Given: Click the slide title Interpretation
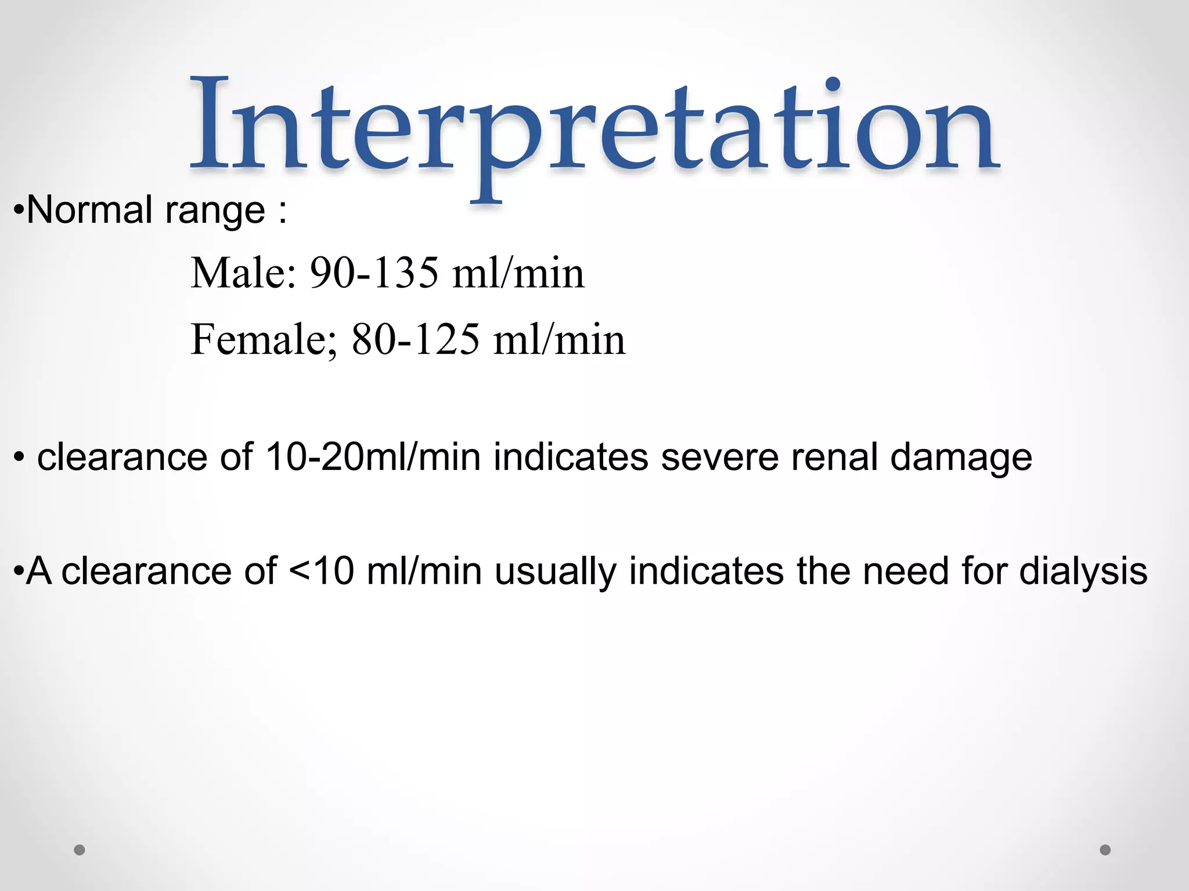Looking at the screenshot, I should [x=594, y=128].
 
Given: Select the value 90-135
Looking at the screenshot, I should [x=374, y=273].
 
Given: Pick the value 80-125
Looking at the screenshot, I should [x=416, y=339].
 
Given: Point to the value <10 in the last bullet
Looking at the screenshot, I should [x=321, y=571].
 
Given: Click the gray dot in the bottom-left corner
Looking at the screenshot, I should [x=80, y=850].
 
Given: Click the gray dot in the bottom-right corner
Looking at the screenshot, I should [x=1105, y=850].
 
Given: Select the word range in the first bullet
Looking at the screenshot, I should [x=215, y=211].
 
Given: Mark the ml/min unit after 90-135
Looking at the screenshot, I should [x=518, y=273].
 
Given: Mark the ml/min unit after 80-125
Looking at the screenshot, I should [x=560, y=339].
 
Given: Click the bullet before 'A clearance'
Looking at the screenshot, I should [x=18, y=571].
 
